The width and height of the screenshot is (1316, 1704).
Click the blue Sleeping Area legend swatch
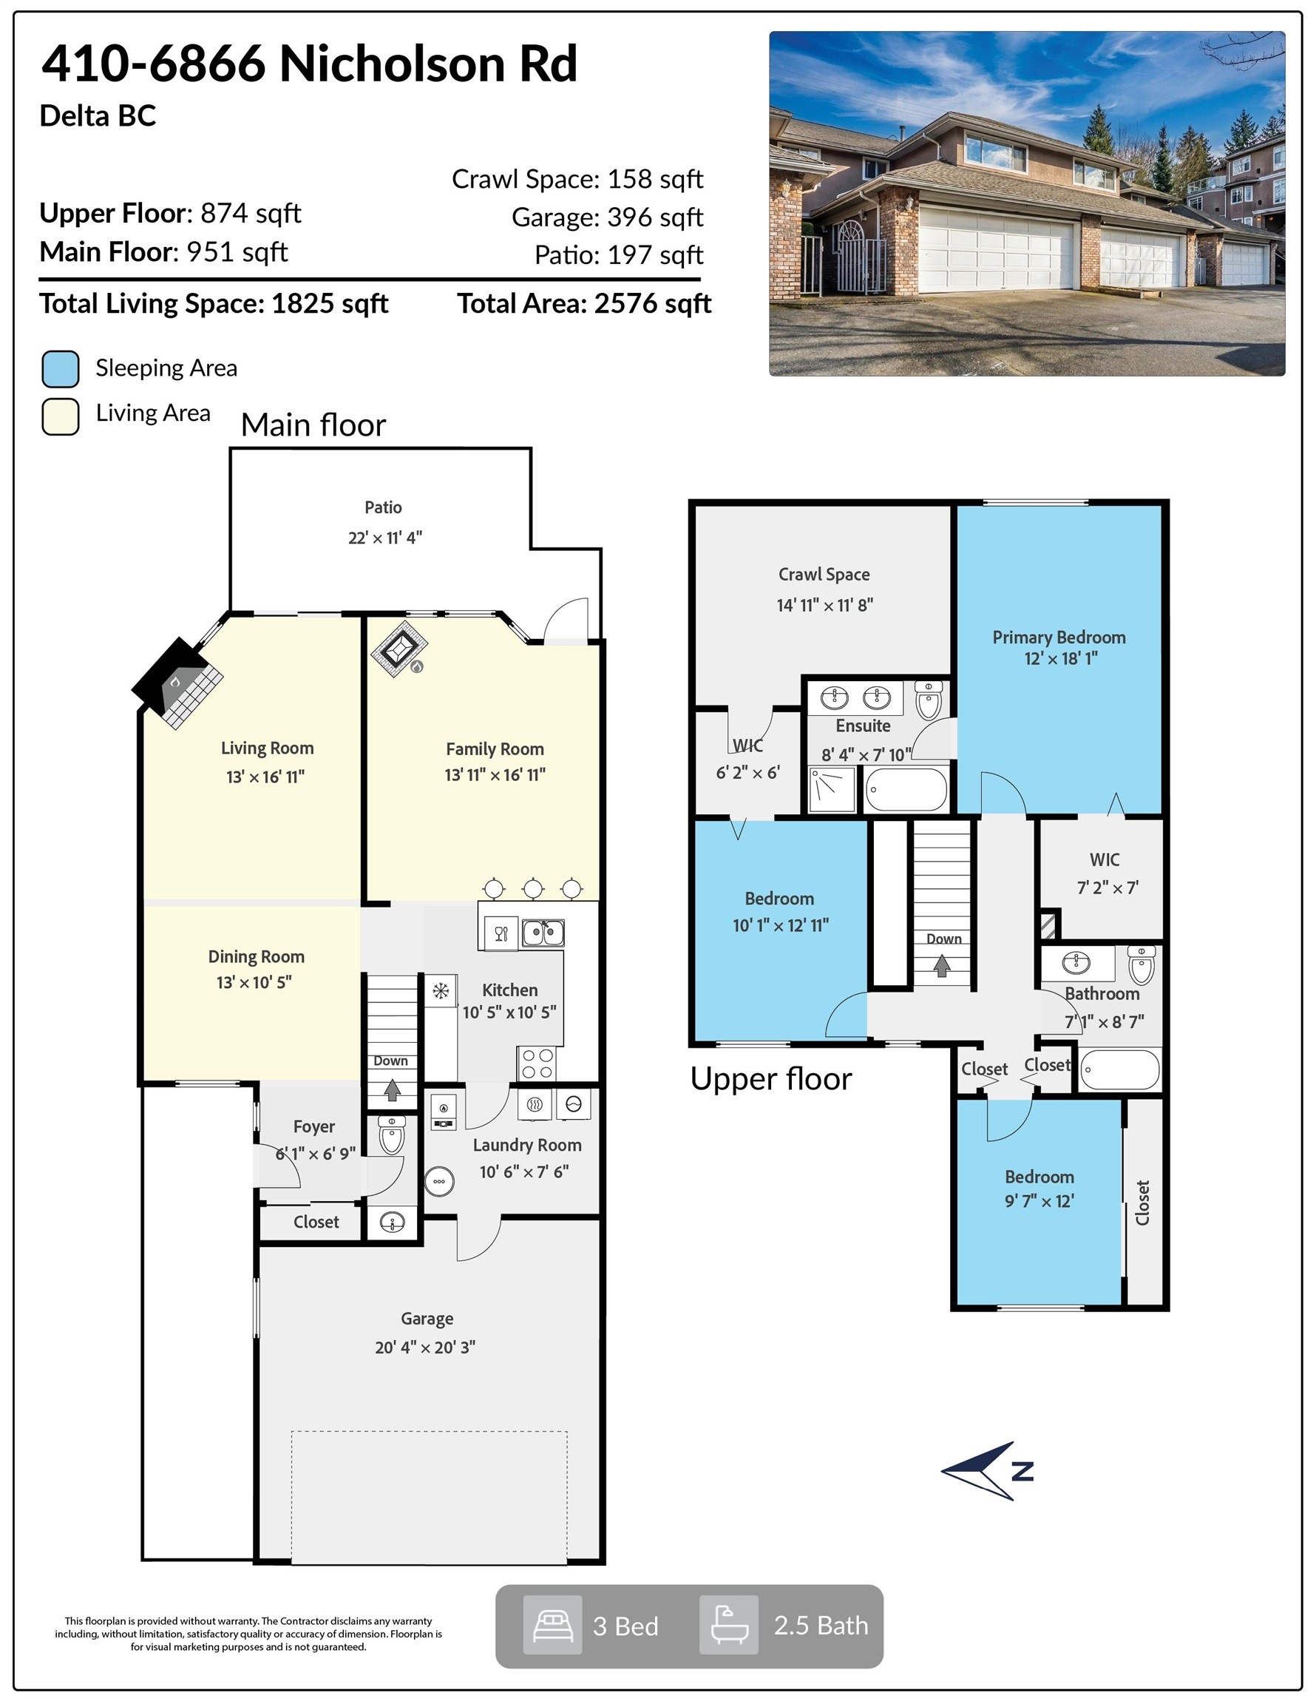[60, 369]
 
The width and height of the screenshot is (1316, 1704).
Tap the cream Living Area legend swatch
[60, 416]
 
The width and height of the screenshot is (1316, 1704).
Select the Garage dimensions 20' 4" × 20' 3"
[425, 1347]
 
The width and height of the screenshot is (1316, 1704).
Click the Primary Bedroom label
[1059, 638]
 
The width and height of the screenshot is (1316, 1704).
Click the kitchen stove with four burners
[536, 1064]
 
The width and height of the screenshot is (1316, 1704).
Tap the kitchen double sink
[543, 933]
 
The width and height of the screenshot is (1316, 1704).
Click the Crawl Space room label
[824, 574]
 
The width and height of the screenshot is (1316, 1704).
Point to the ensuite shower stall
[832, 789]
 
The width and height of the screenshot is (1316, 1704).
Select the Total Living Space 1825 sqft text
[214, 303]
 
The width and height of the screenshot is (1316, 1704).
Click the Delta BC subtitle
[98, 116]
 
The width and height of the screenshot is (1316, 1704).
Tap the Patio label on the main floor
[383, 508]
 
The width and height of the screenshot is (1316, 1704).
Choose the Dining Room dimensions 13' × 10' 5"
[254, 982]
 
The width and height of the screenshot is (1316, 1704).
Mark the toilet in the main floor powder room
[392, 1135]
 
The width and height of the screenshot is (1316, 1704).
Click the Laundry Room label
[526, 1146]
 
